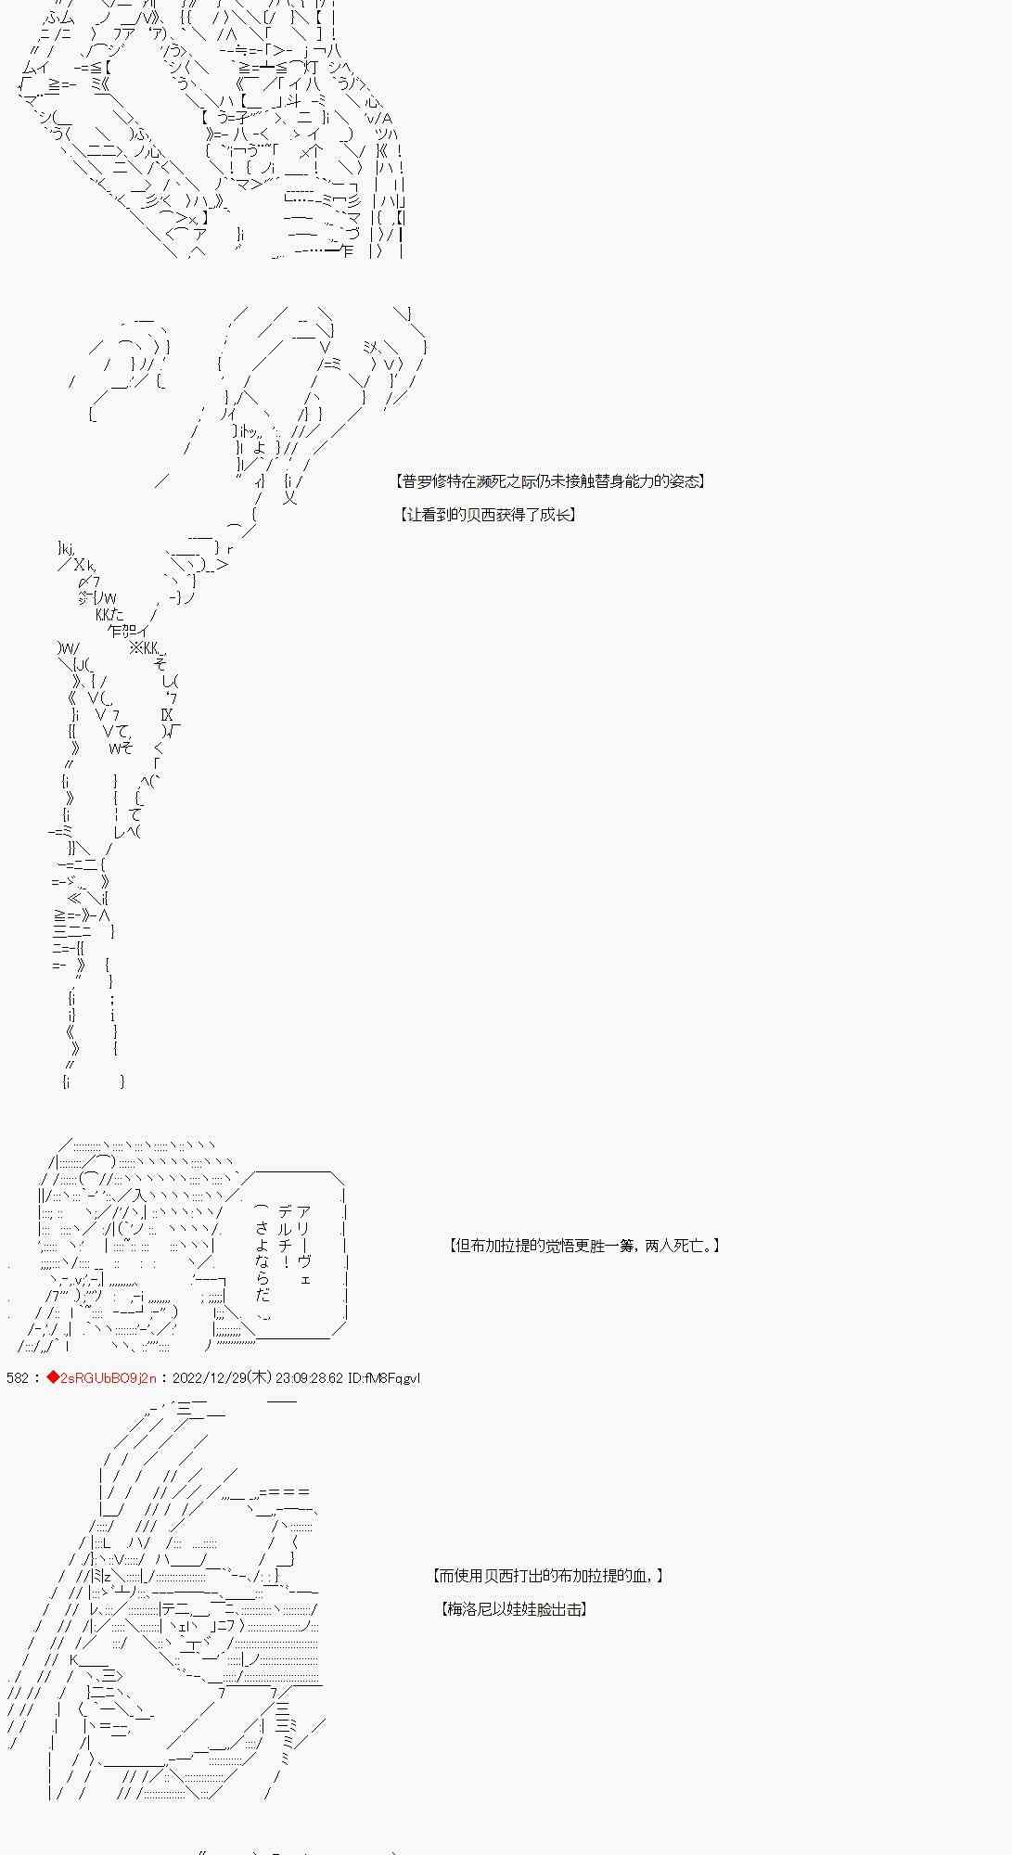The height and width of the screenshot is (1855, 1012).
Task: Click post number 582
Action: click(17, 1378)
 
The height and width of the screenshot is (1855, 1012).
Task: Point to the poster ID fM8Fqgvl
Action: click(394, 1378)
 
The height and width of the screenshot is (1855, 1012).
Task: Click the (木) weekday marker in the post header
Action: click(260, 1378)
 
